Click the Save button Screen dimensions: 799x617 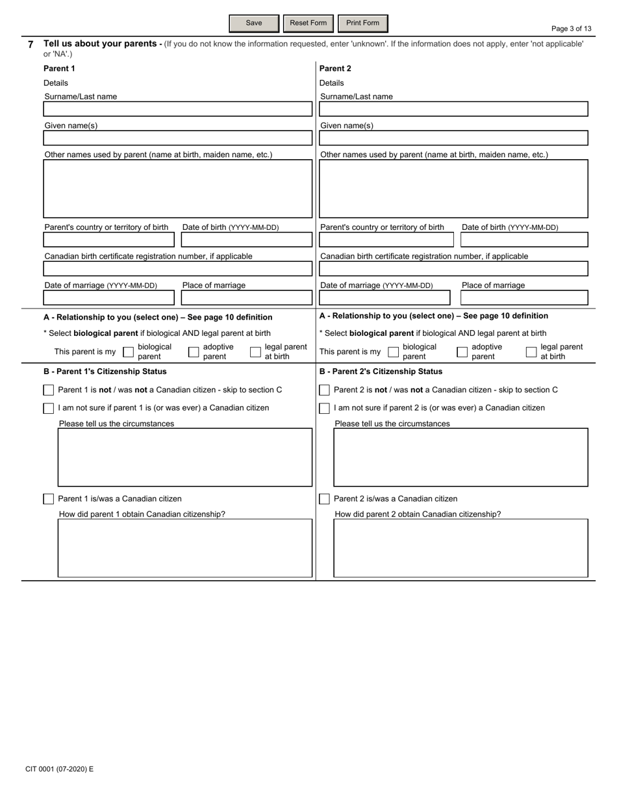254,23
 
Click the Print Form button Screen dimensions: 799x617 362,23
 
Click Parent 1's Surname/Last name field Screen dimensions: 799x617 177,109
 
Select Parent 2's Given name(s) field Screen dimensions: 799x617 453,138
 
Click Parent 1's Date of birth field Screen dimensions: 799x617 246,240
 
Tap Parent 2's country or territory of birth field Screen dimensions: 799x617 386,240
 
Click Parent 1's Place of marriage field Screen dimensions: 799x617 246,298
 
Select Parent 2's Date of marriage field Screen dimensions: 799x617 384,298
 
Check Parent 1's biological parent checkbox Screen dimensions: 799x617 128,352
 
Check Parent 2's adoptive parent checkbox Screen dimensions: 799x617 462,352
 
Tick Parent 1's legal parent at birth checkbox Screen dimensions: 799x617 255,352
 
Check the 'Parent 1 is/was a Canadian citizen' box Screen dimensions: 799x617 49,499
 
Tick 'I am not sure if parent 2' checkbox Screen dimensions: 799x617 325,408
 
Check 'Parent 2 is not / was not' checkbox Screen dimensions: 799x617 325,390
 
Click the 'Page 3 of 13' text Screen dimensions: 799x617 571,29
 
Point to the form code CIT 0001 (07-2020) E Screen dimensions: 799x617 59,769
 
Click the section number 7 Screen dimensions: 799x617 31,45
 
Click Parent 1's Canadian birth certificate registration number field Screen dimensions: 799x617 177,269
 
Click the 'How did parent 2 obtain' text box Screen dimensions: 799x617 460,548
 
